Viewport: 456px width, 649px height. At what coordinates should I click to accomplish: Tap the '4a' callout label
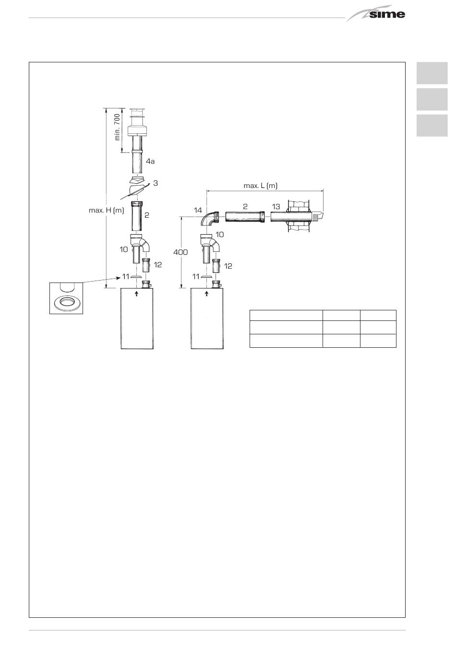[x=150, y=161]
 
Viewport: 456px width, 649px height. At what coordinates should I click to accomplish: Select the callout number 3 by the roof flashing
[x=156, y=183]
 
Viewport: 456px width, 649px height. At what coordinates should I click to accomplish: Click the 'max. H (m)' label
[x=106, y=210]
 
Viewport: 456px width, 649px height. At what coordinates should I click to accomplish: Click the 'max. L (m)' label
[x=260, y=186]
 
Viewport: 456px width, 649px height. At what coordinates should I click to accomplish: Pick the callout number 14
[x=198, y=210]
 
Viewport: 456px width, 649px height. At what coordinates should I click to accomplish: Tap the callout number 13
[x=276, y=206]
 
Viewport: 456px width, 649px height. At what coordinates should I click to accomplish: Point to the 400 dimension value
[x=180, y=252]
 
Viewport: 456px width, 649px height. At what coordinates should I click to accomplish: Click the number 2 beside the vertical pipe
[x=147, y=215]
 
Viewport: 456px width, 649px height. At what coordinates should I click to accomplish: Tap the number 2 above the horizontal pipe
[x=245, y=206]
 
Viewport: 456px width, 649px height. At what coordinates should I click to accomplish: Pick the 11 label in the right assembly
[x=195, y=277]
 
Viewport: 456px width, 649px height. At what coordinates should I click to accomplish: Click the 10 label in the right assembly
[x=220, y=234]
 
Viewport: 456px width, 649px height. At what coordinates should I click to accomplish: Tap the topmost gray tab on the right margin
[x=432, y=73]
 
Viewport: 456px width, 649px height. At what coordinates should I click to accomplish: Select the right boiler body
[x=207, y=319]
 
